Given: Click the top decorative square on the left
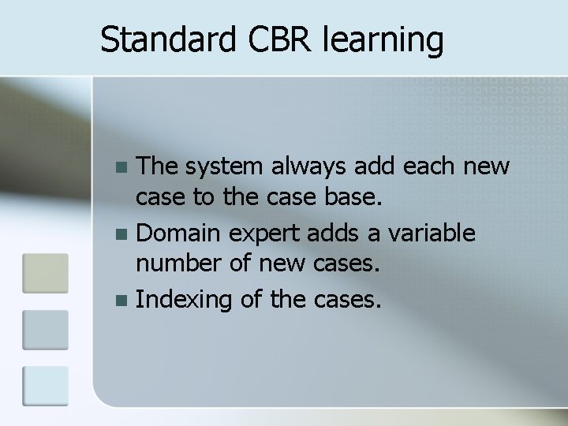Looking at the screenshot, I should pyautogui.click(x=46, y=271).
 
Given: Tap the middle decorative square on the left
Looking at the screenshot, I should pyautogui.click(x=46, y=329).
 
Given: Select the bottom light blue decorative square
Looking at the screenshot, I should pyautogui.click(x=46, y=385).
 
